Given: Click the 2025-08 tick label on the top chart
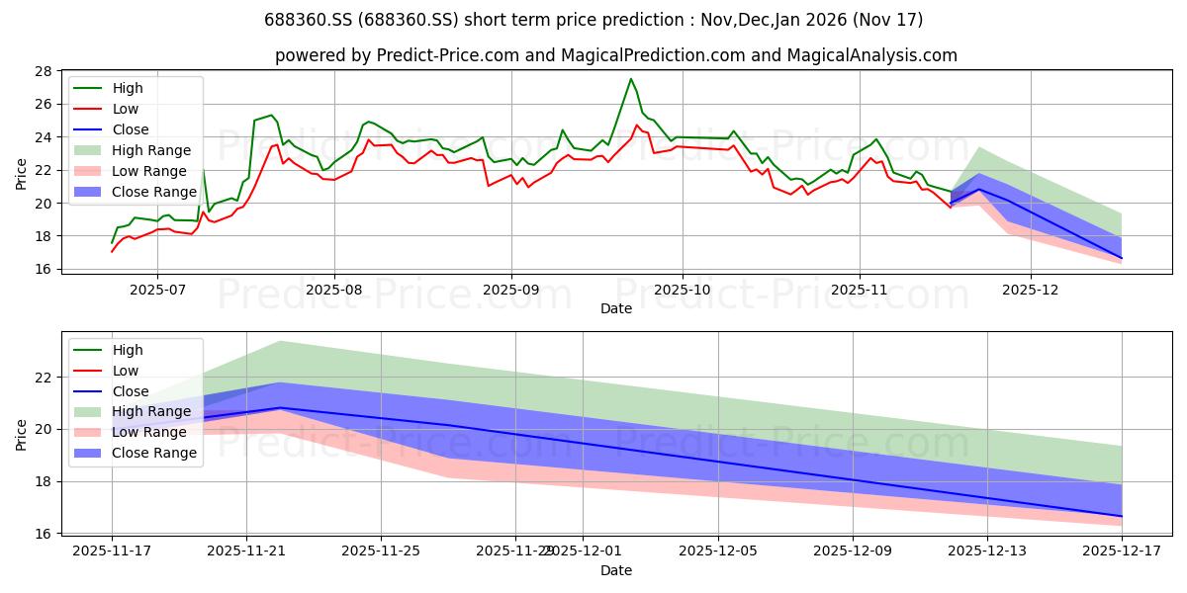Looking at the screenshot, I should (333, 290).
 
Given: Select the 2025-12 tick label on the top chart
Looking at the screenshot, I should (1031, 290).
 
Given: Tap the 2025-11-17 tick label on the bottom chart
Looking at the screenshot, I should (112, 551).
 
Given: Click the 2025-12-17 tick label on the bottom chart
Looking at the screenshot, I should (1122, 551).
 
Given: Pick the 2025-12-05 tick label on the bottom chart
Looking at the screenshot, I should (717, 551).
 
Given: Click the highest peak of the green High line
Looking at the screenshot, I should (631, 79).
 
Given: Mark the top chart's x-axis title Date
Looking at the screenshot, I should (615, 308).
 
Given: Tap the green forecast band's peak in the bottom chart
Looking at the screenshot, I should (280, 341).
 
